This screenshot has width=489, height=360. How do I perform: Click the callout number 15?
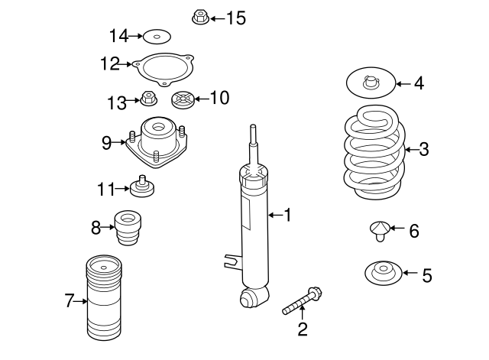coord(236,18)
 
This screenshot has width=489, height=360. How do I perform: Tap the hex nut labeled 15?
coord(199,17)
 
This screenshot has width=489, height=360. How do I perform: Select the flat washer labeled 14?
coord(157,36)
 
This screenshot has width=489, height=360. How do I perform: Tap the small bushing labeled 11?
coord(143,186)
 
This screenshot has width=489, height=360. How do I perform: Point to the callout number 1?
coord(287,216)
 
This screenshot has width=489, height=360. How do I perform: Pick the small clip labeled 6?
coord(379,229)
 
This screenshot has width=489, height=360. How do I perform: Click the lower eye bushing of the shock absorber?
coord(253,297)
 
